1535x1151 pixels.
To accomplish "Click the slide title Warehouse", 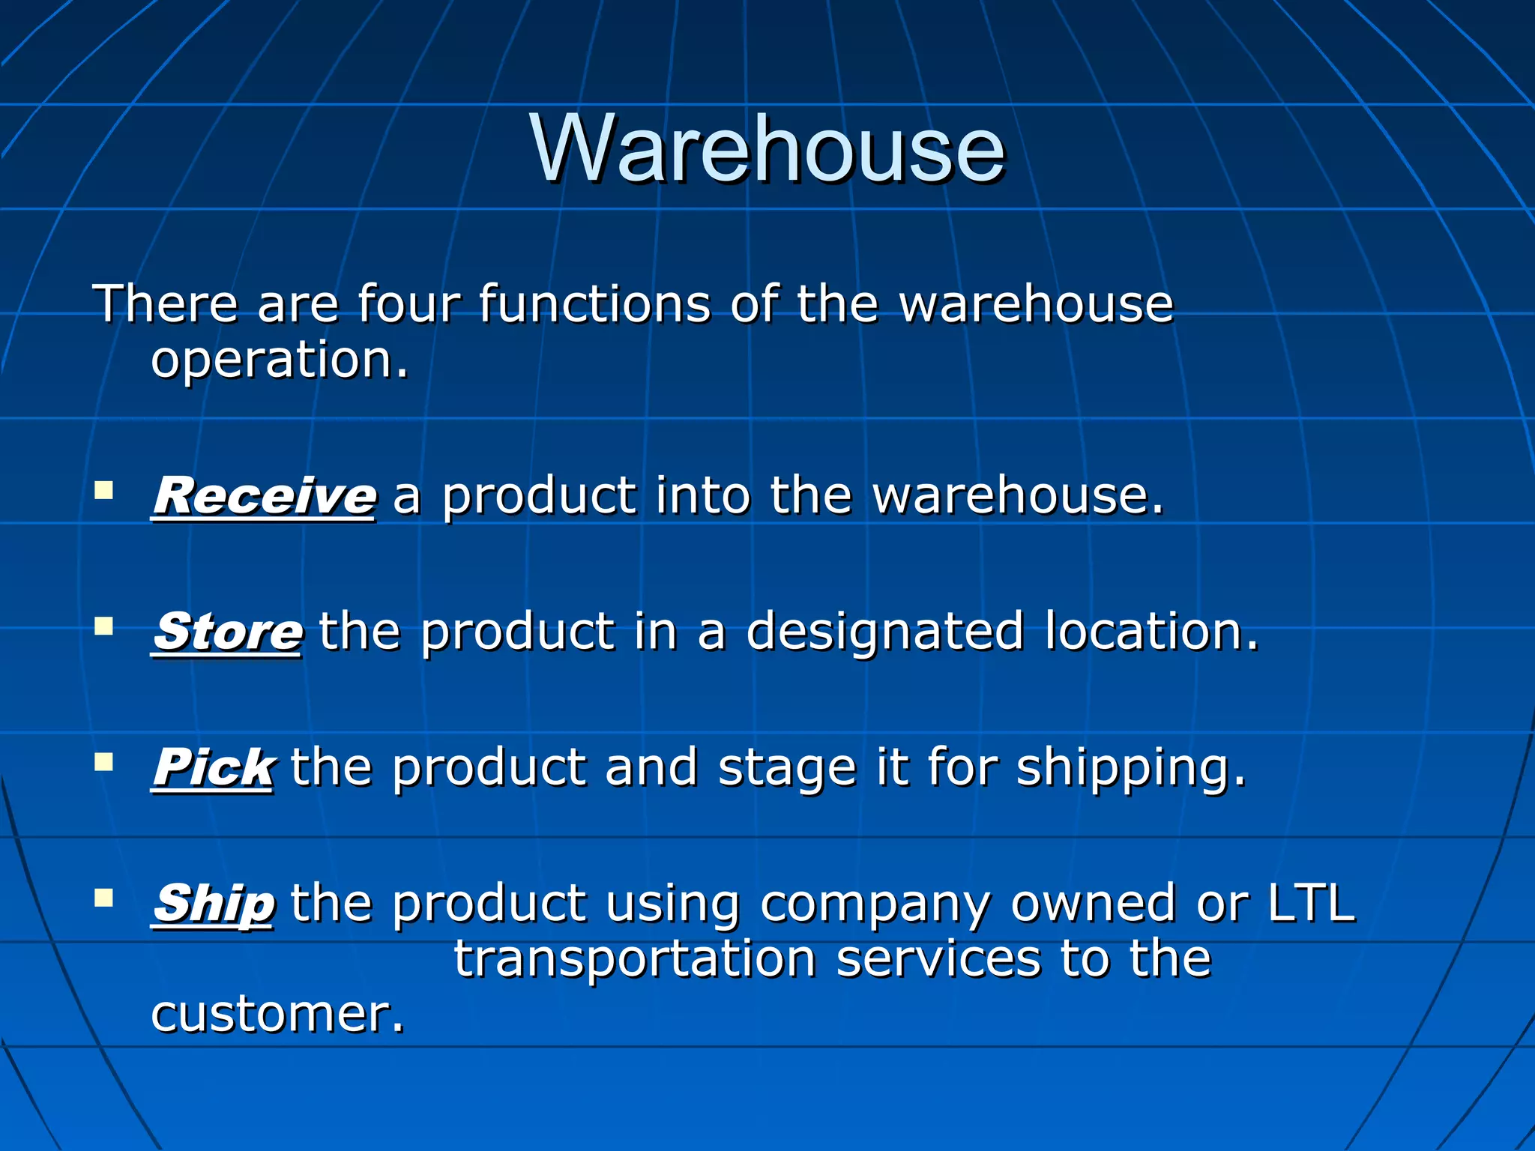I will (767, 148).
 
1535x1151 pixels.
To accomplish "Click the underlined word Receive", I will (264, 496).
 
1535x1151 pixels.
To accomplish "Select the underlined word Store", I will (228, 632).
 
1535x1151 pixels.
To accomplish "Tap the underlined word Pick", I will (213, 767).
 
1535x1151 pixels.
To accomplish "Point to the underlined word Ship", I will (214, 903).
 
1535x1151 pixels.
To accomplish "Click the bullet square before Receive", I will (103, 491).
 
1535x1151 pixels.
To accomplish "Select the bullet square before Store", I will (103, 626).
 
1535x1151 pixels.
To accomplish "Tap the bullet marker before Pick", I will (103, 762).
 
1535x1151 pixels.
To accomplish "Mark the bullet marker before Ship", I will (103, 898).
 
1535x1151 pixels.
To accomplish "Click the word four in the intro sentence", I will (408, 303).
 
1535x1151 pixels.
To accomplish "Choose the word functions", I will (594, 303).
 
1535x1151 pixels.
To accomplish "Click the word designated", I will (884, 632).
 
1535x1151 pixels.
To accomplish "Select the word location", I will (1151, 632).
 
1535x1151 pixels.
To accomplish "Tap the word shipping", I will (1131, 769).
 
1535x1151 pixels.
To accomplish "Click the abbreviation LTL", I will (1312, 903).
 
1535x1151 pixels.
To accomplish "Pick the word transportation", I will (635, 959).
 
